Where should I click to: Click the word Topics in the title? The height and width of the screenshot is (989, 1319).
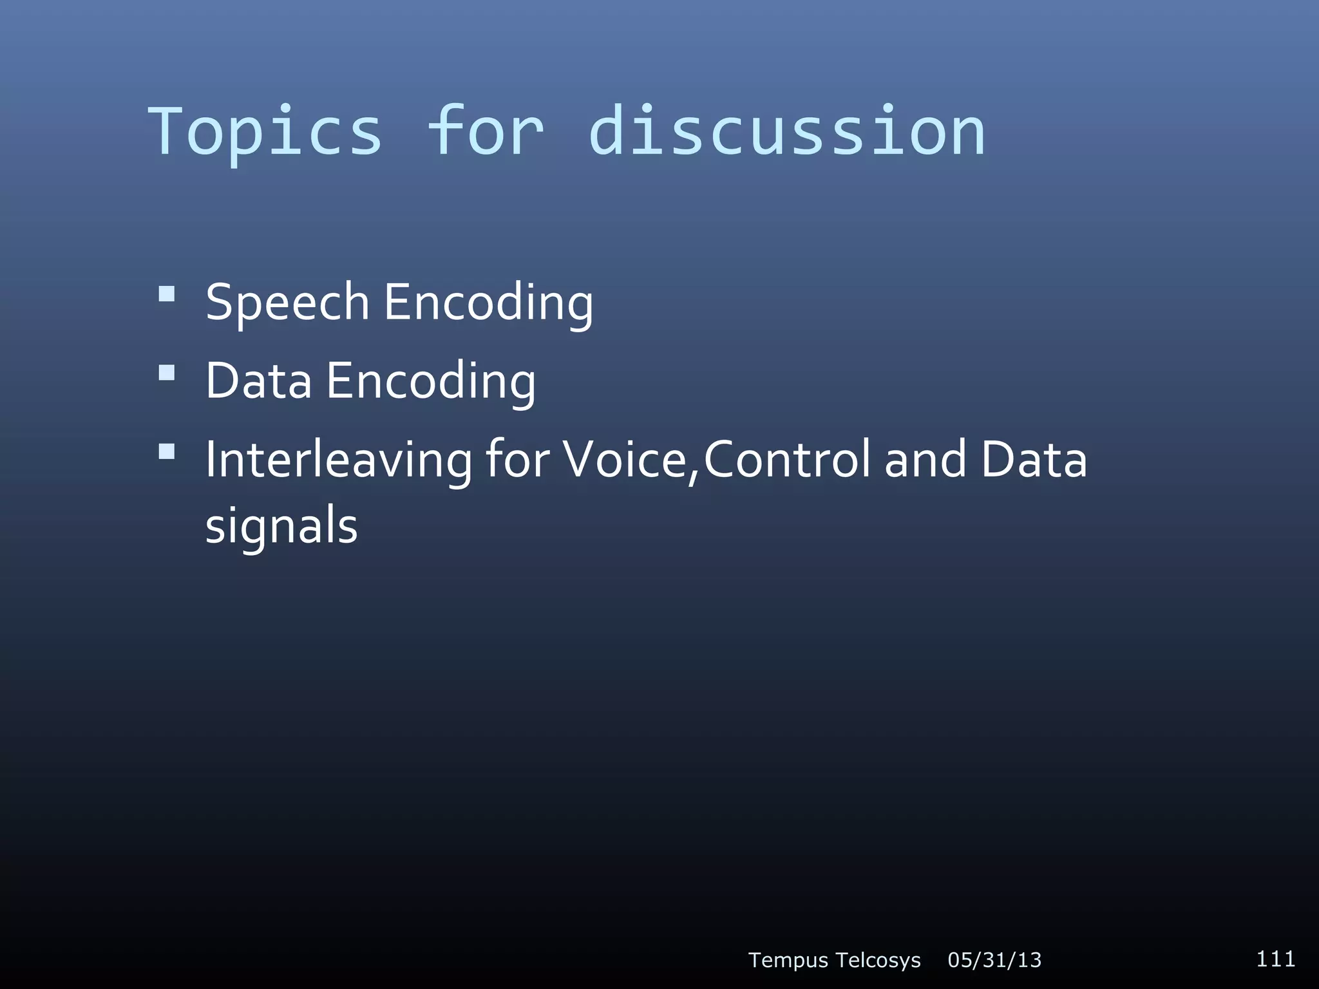[265, 132]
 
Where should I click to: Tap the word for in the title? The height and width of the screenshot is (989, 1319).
[486, 132]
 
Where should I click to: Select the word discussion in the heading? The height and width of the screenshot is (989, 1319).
[787, 132]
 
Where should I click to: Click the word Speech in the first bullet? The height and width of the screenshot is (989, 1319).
[287, 303]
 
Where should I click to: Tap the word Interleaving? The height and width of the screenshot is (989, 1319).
[339, 460]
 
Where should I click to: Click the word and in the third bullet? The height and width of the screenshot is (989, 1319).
[925, 460]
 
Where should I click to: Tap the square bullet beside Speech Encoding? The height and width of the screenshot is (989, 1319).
[167, 294]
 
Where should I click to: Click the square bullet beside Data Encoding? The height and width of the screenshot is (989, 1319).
[167, 373]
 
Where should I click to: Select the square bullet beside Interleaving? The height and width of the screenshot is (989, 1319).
[167, 451]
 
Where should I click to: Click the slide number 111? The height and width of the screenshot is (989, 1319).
[1275, 959]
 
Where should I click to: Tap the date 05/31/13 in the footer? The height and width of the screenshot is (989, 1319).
[994, 960]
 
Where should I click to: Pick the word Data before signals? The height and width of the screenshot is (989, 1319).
[1034, 460]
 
